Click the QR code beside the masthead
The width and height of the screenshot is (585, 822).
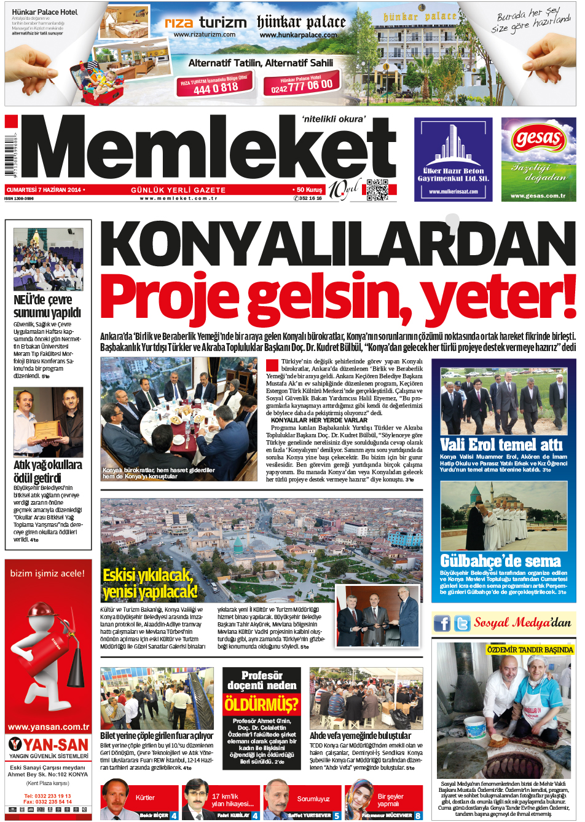[377, 190]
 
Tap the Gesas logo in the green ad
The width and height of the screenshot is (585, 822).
[538, 138]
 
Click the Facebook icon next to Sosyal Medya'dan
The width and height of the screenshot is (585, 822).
[442, 623]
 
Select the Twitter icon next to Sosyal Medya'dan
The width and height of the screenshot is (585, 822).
[462, 623]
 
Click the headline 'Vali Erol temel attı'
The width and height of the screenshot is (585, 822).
[501, 445]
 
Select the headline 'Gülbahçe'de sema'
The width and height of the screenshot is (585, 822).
[500, 561]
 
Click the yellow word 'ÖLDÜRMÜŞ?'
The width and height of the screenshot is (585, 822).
[261, 704]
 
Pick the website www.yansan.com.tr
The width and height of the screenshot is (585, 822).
[48, 727]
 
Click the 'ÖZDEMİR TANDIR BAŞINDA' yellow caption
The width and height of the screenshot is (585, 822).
[530, 649]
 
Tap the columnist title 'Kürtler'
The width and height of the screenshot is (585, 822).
[145, 797]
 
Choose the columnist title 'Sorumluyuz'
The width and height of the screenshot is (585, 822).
[313, 799]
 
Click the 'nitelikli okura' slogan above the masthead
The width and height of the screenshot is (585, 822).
[333, 119]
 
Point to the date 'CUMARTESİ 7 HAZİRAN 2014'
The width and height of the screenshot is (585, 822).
[44, 190]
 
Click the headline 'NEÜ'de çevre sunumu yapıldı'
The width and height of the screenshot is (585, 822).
[47, 306]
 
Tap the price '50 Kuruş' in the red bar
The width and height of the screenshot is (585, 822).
[309, 190]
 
